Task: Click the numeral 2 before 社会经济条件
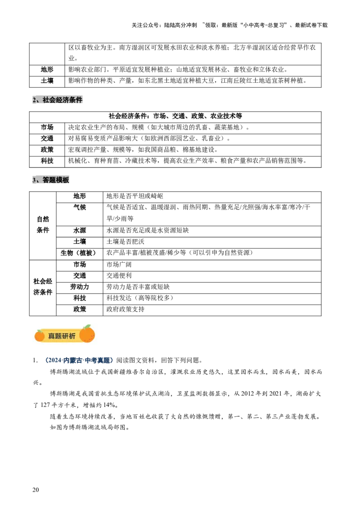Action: click(x=34, y=100)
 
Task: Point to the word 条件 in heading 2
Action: click(x=76, y=100)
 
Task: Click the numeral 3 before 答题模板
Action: click(x=34, y=180)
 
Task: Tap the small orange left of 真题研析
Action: click(x=40, y=335)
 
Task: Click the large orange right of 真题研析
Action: click(x=87, y=334)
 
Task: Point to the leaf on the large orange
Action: click(x=87, y=326)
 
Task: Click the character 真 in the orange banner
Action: click(x=51, y=336)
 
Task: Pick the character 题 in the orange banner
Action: click(x=58, y=336)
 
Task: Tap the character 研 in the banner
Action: click(x=66, y=336)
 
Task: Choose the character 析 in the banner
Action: click(x=72, y=336)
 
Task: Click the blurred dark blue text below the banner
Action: click(x=79, y=360)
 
